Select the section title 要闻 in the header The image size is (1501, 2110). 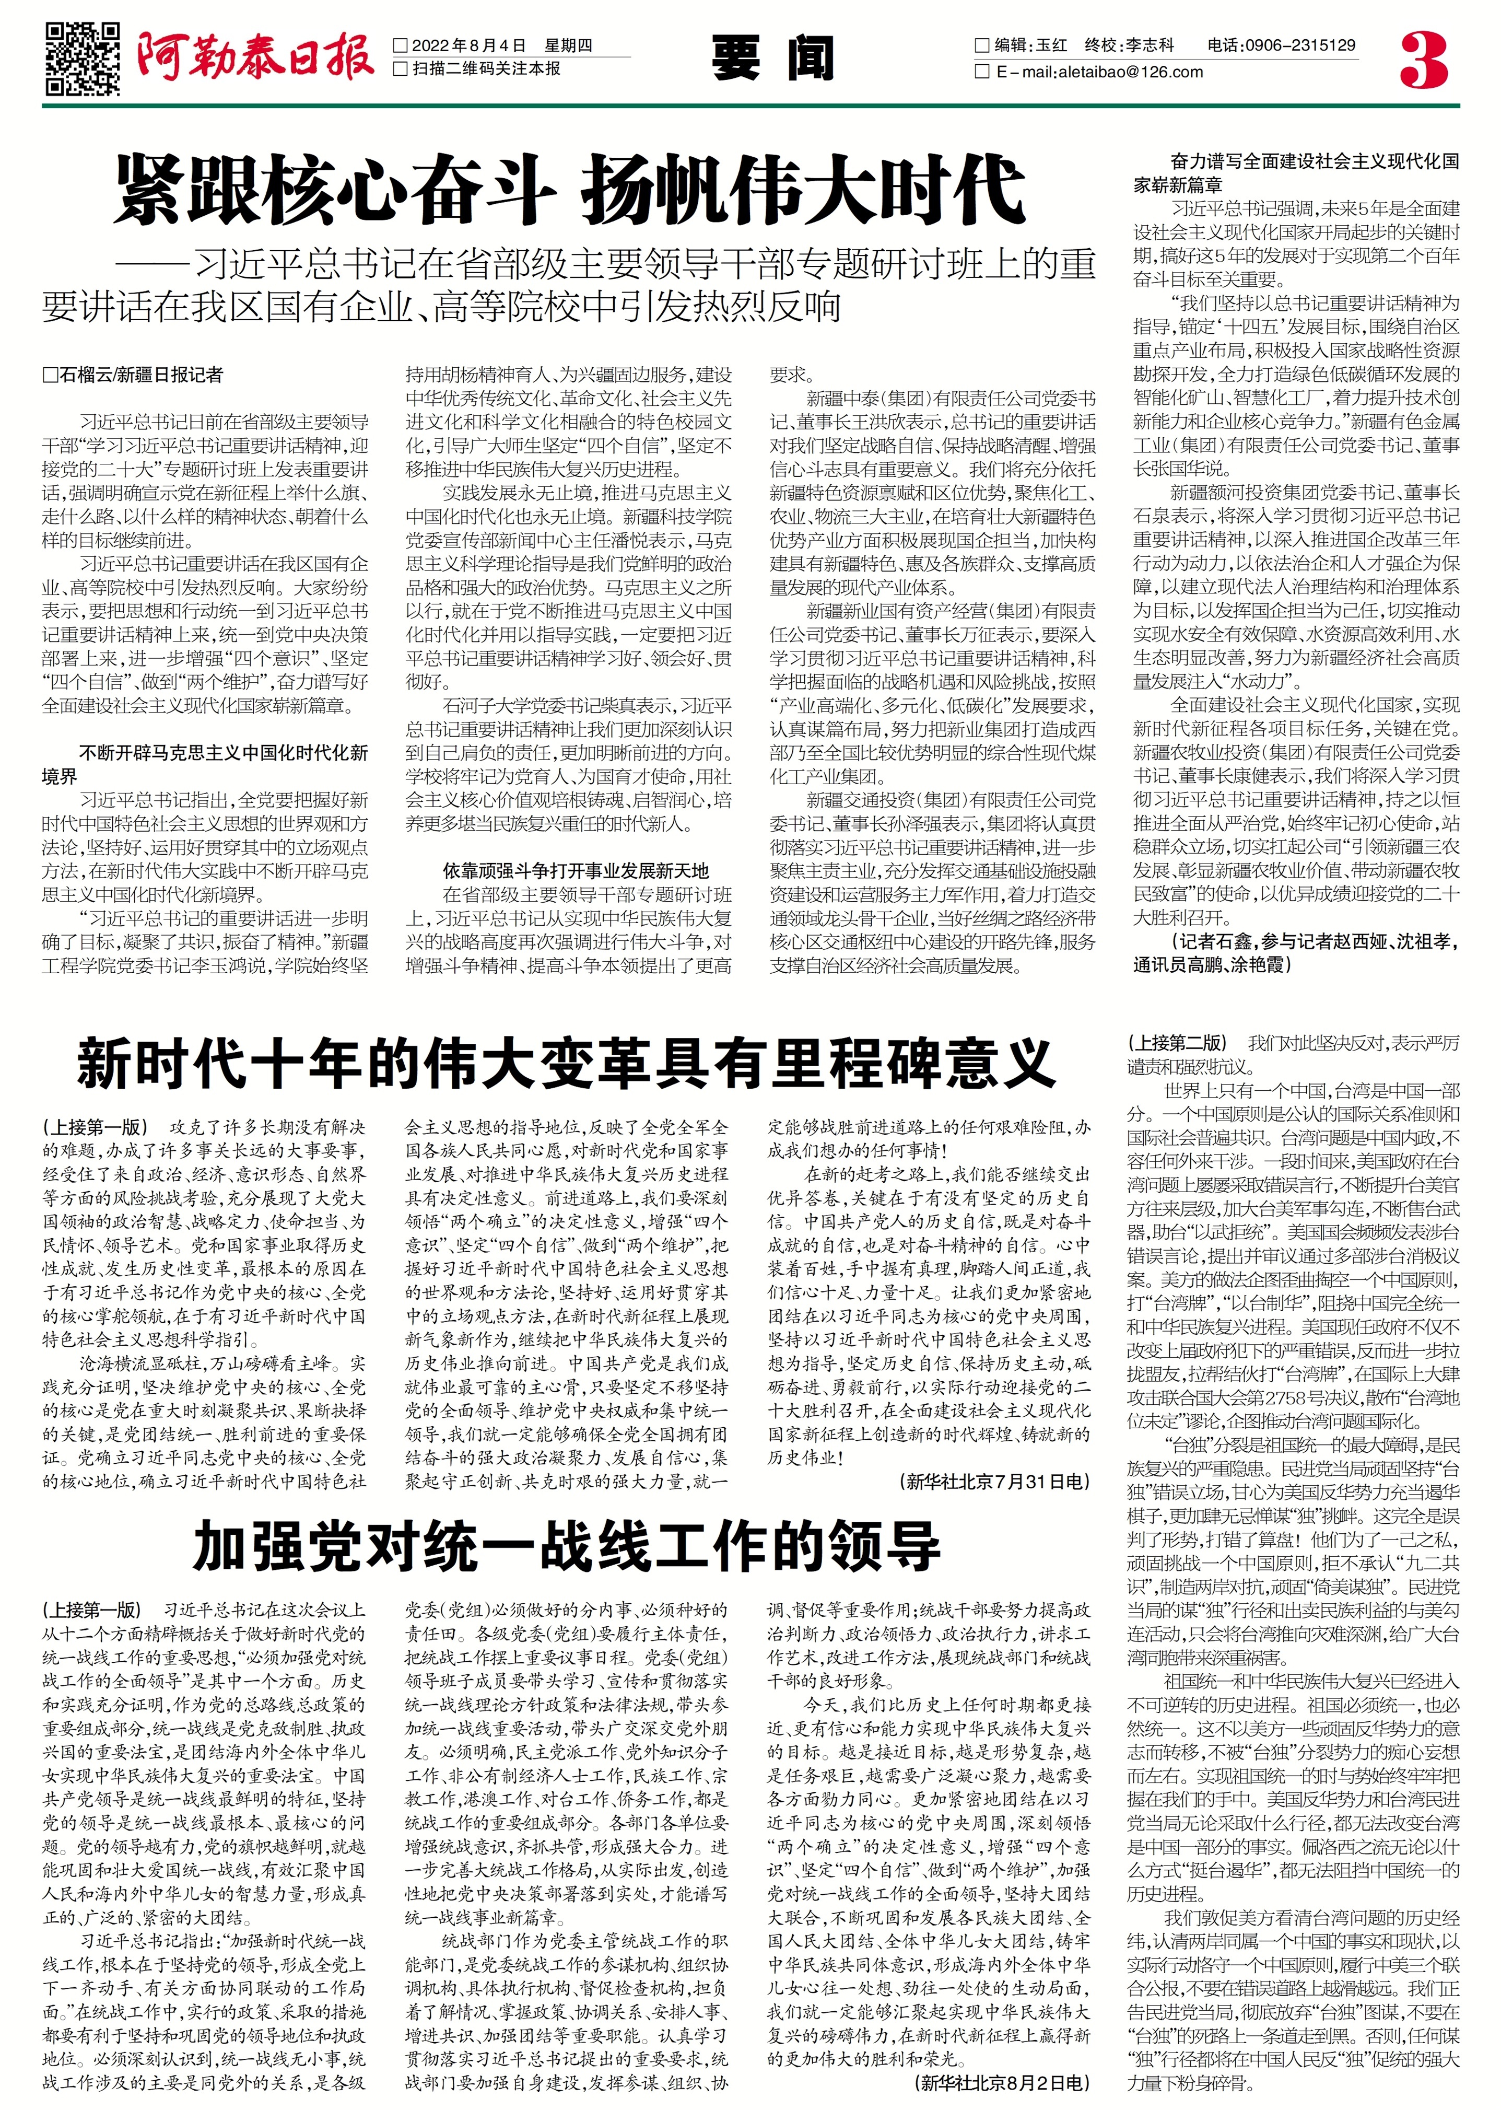(772, 59)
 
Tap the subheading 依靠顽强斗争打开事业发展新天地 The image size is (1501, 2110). (575, 871)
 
